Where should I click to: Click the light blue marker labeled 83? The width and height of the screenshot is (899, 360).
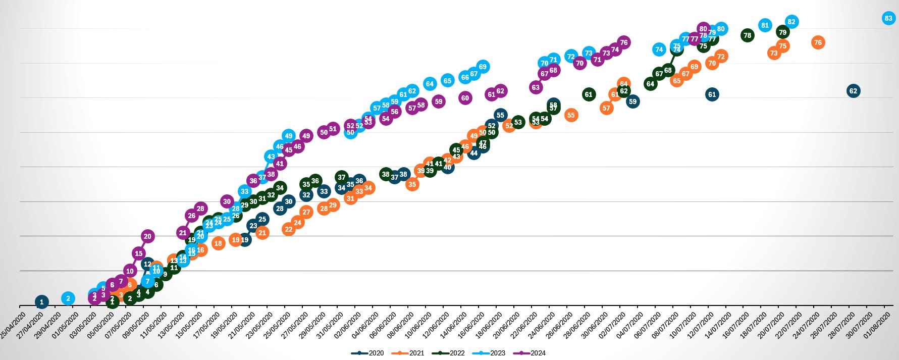888,18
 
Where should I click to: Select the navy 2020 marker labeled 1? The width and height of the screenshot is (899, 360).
42,302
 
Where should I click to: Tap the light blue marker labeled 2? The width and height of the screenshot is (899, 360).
68,298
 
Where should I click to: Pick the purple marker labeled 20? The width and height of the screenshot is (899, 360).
147,236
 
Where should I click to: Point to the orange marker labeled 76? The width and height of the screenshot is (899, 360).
818,42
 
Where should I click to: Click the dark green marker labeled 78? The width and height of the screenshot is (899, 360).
747,35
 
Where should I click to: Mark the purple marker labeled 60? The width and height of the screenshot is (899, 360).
465,98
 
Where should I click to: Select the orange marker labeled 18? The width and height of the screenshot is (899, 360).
218,243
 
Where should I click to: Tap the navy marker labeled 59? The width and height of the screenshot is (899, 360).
632,101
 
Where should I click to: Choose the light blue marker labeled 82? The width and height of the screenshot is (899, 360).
791,22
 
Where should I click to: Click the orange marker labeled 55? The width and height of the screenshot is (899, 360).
571,115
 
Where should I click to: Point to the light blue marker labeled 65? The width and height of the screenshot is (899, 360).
447,80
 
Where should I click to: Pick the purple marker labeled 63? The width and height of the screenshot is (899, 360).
536,87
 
